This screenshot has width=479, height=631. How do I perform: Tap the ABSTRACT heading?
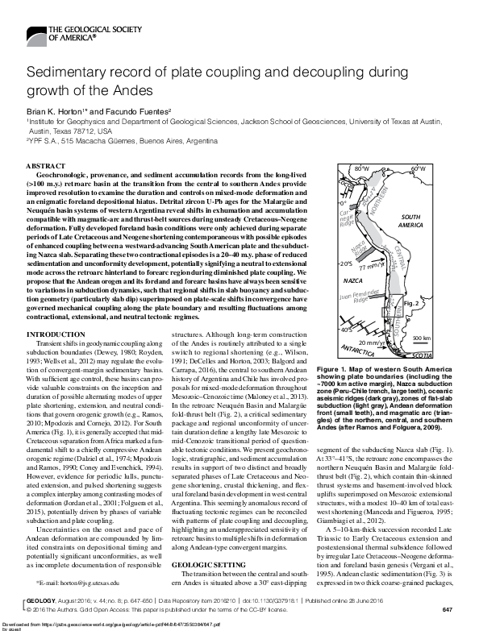click(52, 164)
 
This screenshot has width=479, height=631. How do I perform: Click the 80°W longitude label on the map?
click(362, 168)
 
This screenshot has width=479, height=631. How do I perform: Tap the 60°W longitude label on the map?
click(417, 168)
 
